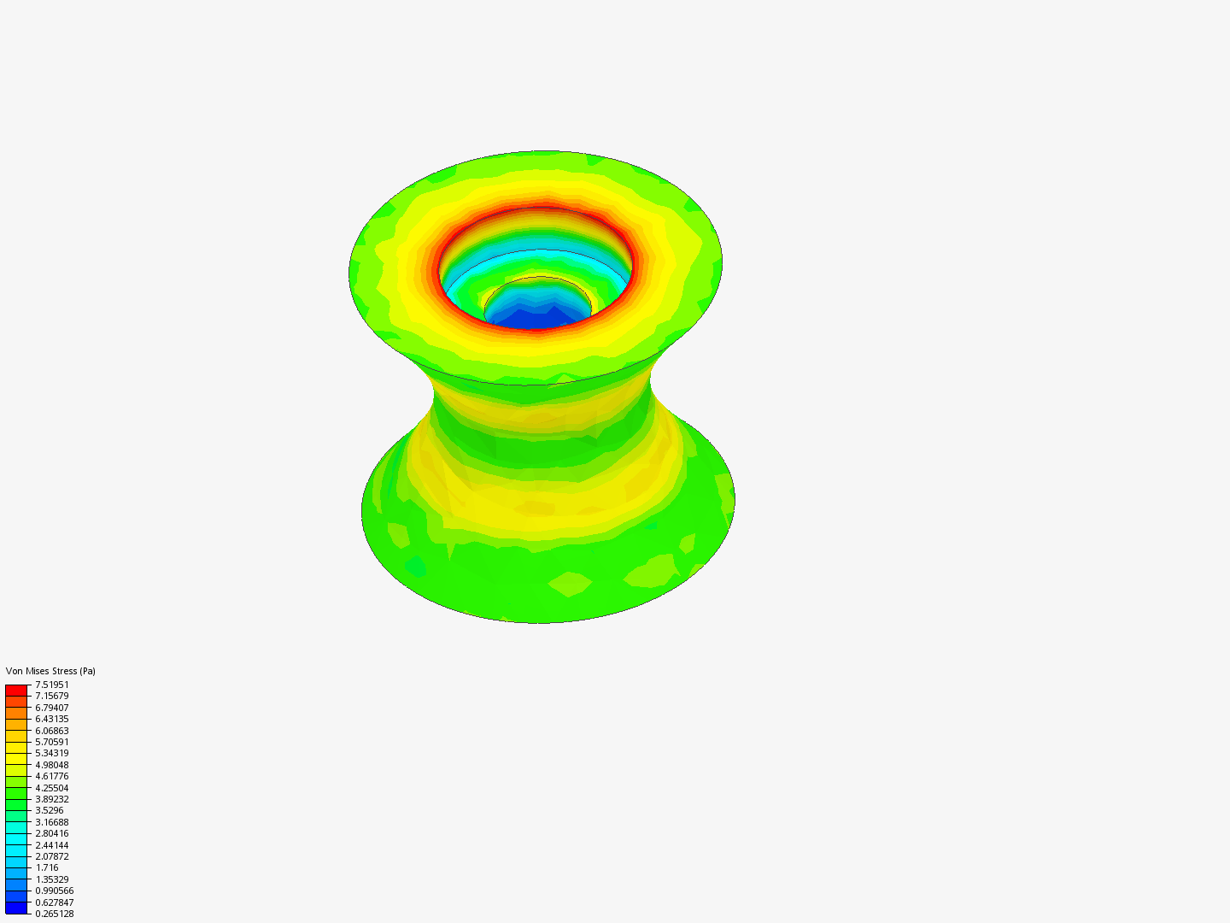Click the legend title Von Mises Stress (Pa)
click(50, 671)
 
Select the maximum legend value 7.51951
click(52, 685)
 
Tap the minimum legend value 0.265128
click(55, 914)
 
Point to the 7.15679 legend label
click(52, 696)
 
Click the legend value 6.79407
click(52, 708)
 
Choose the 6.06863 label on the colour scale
click(52, 731)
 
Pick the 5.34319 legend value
click(52, 753)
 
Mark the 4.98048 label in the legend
click(52, 765)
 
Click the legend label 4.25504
click(52, 788)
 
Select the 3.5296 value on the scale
click(50, 810)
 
